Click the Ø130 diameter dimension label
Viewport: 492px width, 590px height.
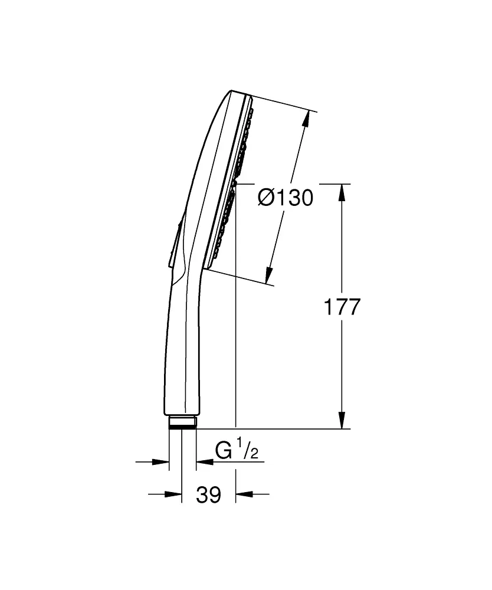286,198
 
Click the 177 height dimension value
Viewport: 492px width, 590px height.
341,307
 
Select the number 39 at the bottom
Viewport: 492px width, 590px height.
208,494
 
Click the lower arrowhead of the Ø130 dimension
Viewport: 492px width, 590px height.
268,274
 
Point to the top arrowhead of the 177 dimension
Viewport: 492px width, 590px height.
341,192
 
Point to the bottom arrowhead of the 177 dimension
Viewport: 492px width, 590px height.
341,420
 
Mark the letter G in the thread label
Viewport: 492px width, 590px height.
224,451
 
